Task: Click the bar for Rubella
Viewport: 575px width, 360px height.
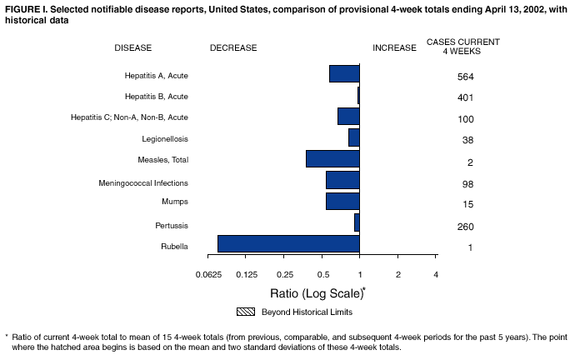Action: [288, 243]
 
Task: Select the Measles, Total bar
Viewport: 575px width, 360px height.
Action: [332, 158]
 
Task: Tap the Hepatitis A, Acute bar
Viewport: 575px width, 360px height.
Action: [344, 73]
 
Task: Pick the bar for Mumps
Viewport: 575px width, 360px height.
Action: [342, 201]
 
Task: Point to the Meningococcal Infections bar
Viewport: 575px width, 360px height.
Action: [342, 180]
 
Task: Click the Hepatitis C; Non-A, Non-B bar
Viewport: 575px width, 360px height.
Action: [348, 116]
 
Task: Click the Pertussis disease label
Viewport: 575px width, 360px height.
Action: [171, 225]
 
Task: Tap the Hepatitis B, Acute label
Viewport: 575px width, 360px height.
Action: [156, 97]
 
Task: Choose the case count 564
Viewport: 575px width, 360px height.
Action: [465, 77]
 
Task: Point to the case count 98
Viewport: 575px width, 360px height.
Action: [465, 183]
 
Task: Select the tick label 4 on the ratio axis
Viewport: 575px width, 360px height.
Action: [436, 275]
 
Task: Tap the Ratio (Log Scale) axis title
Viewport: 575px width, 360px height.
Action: [317, 293]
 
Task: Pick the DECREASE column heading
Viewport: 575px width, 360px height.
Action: [233, 47]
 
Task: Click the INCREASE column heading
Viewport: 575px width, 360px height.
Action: [393, 47]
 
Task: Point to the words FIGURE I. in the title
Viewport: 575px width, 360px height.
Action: [25, 7]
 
